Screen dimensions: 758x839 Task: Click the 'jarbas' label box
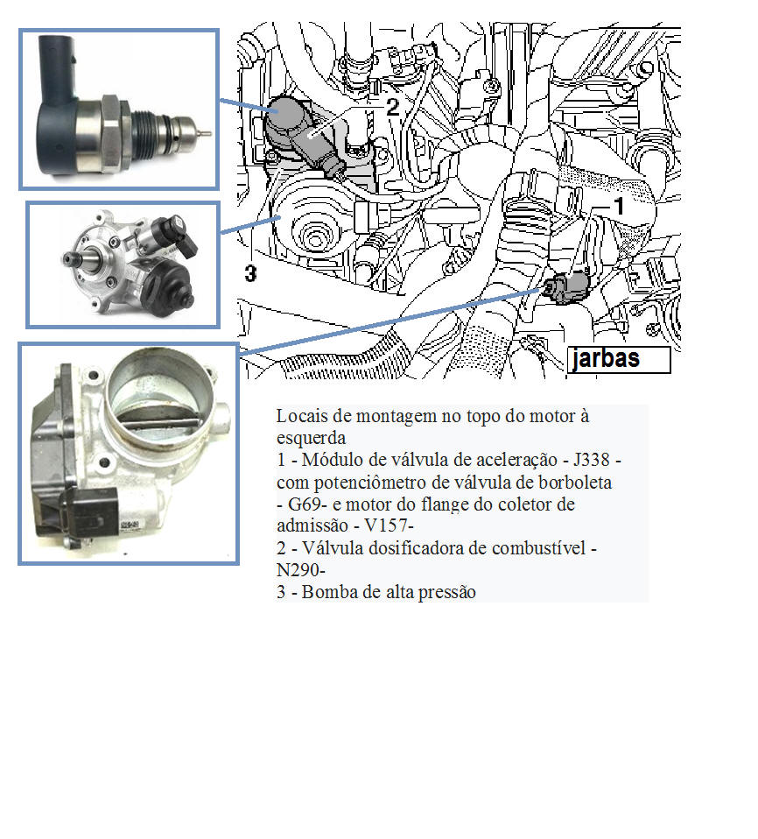point(619,359)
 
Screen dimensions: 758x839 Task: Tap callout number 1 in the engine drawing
point(619,206)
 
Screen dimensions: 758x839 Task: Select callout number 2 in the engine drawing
point(393,107)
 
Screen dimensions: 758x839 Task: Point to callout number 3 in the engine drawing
point(250,273)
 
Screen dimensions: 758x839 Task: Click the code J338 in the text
point(592,460)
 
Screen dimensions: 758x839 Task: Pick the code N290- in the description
point(300,570)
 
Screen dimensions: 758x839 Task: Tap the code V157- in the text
point(389,525)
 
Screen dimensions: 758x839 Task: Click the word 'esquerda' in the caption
point(311,438)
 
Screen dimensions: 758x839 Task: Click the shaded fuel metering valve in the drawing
point(302,135)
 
